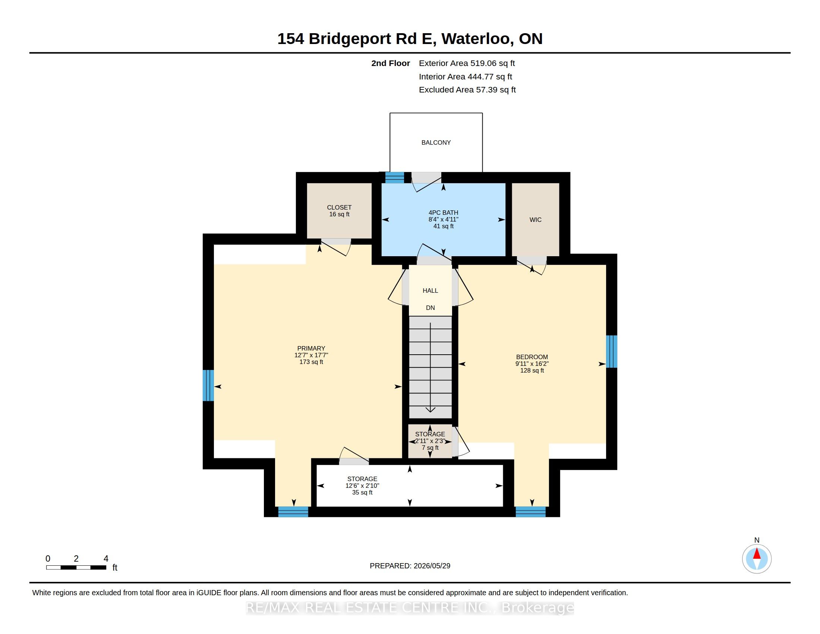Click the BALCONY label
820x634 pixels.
pyautogui.click(x=436, y=142)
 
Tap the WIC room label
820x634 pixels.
pyautogui.click(x=535, y=220)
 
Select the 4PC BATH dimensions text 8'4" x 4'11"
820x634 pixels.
pyautogui.click(x=444, y=219)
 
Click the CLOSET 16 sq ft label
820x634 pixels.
pyautogui.click(x=339, y=211)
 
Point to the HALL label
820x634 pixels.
pyautogui.click(x=430, y=290)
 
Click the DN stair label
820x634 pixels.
pyautogui.click(x=430, y=308)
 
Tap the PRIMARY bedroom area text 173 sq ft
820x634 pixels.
pyautogui.click(x=311, y=362)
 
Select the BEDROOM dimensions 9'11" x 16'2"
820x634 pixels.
pyautogui.click(x=532, y=364)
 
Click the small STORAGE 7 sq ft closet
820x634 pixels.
pyautogui.click(x=430, y=441)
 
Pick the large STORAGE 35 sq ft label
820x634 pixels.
pyautogui.click(x=362, y=486)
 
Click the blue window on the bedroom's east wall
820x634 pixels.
pyautogui.click(x=612, y=351)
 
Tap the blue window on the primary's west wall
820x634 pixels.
pyautogui.click(x=208, y=385)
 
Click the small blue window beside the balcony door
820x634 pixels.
pyautogui.click(x=395, y=177)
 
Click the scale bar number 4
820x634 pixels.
pyautogui.click(x=106, y=559)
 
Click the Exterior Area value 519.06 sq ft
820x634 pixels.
pyautogui.click(x=493, y=63)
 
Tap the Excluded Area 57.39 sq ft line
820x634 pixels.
pyautogui.click(x=467, y=90)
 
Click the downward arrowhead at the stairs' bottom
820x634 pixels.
pyautogui.click(x=430, y=409)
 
